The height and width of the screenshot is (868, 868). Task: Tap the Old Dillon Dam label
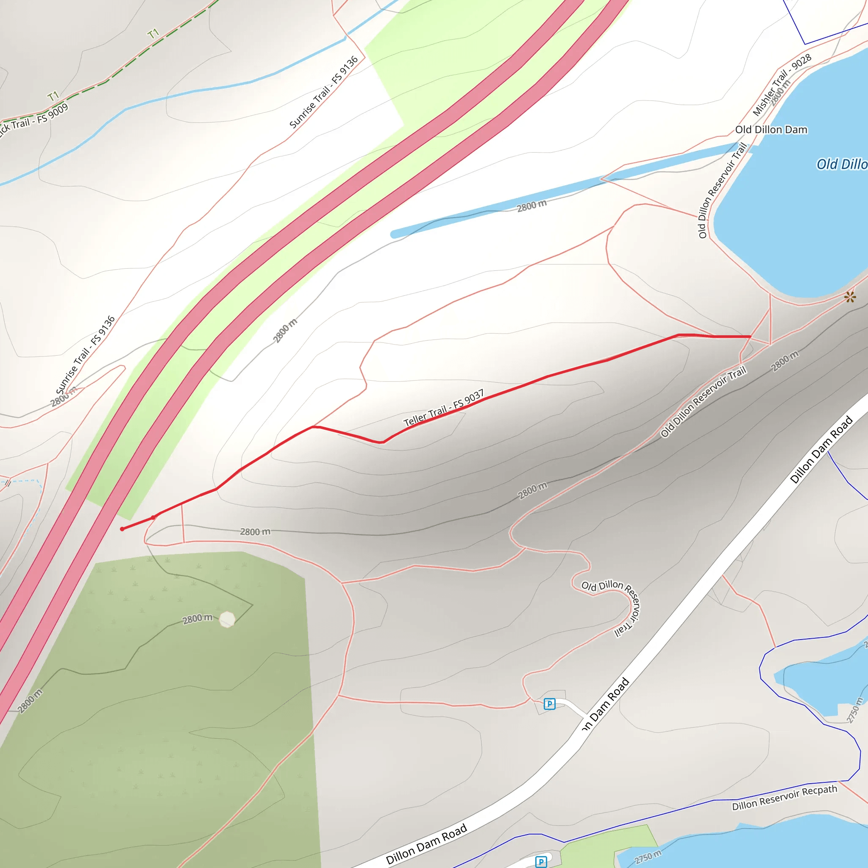[771, 130]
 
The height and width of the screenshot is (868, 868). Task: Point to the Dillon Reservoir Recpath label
[785, 798]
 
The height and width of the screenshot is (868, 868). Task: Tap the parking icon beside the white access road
[549, 704]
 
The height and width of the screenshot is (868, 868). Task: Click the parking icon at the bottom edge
[541, 862]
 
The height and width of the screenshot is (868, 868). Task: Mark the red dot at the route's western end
[122, 529]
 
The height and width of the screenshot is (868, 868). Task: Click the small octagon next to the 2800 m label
[227, 619]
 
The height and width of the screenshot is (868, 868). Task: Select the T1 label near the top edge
[153, 34]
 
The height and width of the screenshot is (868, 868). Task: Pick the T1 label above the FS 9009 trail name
[53, 96]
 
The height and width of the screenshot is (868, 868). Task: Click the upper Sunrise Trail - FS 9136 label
[323, 92]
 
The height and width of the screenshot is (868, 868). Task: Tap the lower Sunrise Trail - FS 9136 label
[85, 355]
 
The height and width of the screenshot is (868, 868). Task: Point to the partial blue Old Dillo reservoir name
[841, 164]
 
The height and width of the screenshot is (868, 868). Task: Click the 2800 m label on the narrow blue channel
[531, 206]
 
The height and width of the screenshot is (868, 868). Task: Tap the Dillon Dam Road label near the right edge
[821, 449]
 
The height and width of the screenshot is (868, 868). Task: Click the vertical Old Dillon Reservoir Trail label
[722, 190]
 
